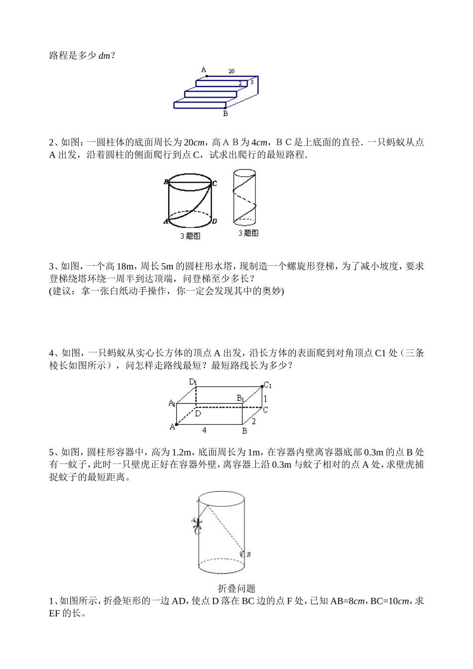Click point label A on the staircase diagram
[x=204, y=70]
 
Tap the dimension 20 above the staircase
[x=232, y=71]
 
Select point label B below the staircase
[x=226, y=113]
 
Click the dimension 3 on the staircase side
[x=252, y=81]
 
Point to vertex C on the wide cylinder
[x=214, y=184]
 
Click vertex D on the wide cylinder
[x=214, y=221]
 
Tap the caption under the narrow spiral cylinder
[x=248, y=233]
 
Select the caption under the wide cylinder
[x=190, y=236]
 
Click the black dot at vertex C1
[x=262, y=386]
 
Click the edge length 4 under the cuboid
[x=204, y=430]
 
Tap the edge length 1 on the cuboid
[x=265, y=398]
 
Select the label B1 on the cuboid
[x=240, y=398]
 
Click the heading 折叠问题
[x=236, y=588]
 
